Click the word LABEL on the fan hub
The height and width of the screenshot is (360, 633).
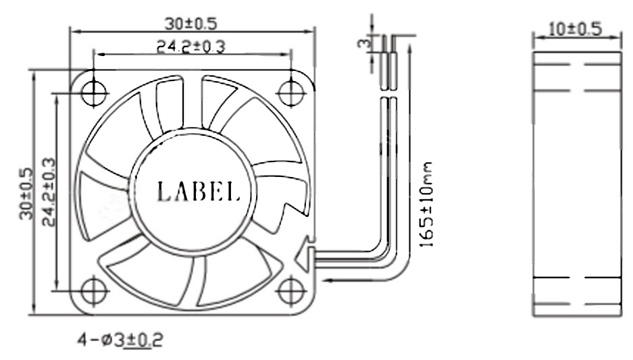tap(198, 191)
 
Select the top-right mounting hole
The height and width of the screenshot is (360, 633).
tap(291, 93)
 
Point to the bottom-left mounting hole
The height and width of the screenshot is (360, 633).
tap(94, 291)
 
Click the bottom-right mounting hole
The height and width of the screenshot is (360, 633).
tap(291, 291)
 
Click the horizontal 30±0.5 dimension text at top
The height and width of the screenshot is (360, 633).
tap(191, 23)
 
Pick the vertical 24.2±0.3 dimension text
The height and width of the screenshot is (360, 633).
tap(48, 192)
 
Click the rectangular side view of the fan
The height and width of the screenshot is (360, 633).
tap(576, 182)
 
